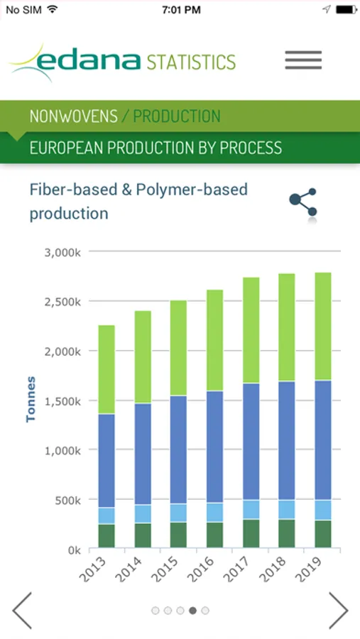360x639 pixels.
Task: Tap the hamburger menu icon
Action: pos(303,60)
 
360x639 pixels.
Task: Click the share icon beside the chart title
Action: pos(303,202)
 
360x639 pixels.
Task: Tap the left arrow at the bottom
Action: pos(22,611)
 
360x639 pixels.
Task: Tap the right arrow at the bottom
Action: pos(338,611)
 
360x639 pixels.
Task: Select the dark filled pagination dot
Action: pos(193,611)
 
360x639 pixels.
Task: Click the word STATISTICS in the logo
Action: pos(191,62)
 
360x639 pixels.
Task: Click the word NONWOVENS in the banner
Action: pos(74,116)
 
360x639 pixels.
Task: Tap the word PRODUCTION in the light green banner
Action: pos(177,116)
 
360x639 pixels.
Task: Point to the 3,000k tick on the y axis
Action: pos(62,252)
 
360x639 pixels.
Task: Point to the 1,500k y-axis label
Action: pos(62,401)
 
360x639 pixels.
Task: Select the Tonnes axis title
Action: pos(31,399)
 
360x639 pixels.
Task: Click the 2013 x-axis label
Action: pos(92,569)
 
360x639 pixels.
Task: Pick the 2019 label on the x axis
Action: pos(308,569)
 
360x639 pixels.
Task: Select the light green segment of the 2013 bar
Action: pos(107,370)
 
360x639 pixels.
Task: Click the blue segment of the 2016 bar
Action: pos(215,447)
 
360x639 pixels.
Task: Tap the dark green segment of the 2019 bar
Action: pos(323,534)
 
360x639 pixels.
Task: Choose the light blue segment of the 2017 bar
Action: pos(251,509)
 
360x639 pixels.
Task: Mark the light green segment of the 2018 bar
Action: pos(287,327)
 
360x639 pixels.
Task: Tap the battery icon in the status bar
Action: pos(347,10)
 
